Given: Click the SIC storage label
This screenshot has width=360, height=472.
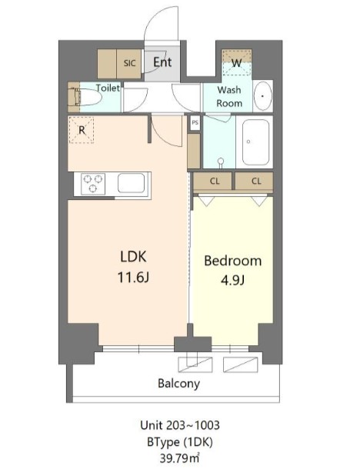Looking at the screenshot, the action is point(129,63).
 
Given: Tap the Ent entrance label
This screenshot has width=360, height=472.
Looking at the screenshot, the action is point(162,62).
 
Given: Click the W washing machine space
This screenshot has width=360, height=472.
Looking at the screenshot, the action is point(237,63).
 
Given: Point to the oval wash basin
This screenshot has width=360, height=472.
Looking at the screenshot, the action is point(263,96).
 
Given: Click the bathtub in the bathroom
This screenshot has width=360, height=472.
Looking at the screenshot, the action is point(255,142).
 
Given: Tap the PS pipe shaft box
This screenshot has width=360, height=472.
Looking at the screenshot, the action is point(195,123).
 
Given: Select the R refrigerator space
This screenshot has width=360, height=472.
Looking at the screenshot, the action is point(82,130).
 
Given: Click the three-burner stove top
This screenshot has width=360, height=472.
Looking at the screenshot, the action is point(93,183).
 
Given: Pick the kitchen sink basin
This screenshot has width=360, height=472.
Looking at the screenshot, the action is point(131,183).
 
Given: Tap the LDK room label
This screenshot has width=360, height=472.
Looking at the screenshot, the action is point(133,257).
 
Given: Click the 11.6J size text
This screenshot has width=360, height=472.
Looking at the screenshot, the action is point(133,278).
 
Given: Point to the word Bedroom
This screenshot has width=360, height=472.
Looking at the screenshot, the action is point(233,261).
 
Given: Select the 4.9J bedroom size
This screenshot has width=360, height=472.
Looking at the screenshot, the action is point(232,281).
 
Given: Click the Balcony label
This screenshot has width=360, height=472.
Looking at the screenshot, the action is point(179,384).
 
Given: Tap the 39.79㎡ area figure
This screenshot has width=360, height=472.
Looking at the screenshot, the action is point(179,458).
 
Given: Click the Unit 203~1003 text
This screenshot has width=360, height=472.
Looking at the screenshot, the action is point(180,425).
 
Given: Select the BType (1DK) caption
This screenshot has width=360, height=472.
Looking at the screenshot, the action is point(180,442).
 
